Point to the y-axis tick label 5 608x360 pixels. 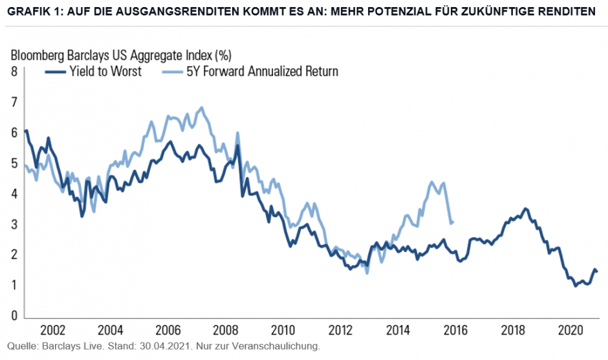pos(13,163)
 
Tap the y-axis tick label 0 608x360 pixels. pos(13,316)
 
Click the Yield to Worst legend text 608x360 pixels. pos(106,71)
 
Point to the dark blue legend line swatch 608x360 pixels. pos(55,72)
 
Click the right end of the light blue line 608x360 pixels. pos(452,222)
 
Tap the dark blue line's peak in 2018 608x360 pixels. pos(525,208)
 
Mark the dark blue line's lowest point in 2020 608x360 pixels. pos(576,285)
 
